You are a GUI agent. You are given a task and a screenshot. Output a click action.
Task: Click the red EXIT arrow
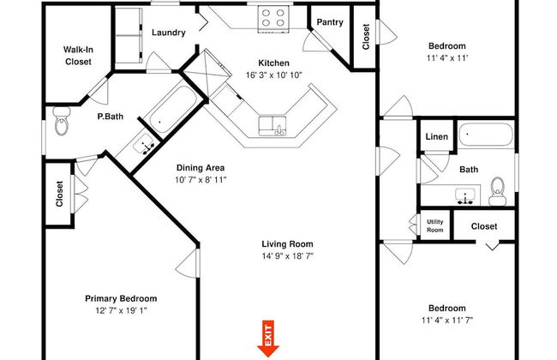[268, 339]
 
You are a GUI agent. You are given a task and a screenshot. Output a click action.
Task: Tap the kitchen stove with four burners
[273, 18]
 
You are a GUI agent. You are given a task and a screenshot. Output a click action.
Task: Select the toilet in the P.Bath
[62, 121]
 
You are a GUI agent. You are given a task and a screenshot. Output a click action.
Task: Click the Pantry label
[330, 22]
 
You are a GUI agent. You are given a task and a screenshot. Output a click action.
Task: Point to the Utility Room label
[434, 225]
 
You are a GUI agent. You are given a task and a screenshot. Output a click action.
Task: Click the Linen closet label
[436, 137]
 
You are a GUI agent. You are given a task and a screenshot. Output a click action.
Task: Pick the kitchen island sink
[273, 126]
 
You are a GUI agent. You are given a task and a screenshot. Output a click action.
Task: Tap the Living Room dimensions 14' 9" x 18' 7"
[288, 256]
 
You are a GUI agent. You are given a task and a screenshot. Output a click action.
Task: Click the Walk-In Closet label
[78, 56]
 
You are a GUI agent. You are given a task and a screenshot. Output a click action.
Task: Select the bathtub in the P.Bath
[172, 108]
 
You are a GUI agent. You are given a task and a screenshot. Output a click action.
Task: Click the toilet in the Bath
[497, 191]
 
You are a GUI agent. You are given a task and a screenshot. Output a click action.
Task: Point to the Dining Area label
[201, 168]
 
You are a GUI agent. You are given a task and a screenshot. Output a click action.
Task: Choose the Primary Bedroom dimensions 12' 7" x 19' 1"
[121, 310]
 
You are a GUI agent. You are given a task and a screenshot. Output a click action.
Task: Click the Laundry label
[169, 33]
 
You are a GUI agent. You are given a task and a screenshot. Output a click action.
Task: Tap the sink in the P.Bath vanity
[143, 145]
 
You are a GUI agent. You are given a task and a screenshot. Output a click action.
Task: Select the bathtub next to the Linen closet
[486, 135]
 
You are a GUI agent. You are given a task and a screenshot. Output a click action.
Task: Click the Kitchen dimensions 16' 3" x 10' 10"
[274, 75]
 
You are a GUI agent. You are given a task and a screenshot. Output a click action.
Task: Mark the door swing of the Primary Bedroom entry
[186, 263]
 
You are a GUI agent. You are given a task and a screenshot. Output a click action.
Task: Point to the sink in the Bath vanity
[465, 196]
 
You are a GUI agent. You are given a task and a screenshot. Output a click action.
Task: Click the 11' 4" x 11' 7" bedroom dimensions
[447, 321]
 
